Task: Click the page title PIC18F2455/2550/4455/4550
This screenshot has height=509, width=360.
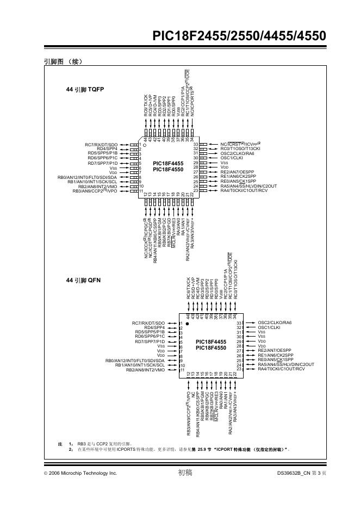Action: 239,36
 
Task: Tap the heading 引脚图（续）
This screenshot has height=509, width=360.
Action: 63,61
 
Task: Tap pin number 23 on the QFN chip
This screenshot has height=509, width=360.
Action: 239,369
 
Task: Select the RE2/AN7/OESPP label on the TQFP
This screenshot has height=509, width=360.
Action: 237,172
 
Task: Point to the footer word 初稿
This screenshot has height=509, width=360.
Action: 185,473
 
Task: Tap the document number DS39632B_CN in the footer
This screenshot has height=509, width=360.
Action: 293,474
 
